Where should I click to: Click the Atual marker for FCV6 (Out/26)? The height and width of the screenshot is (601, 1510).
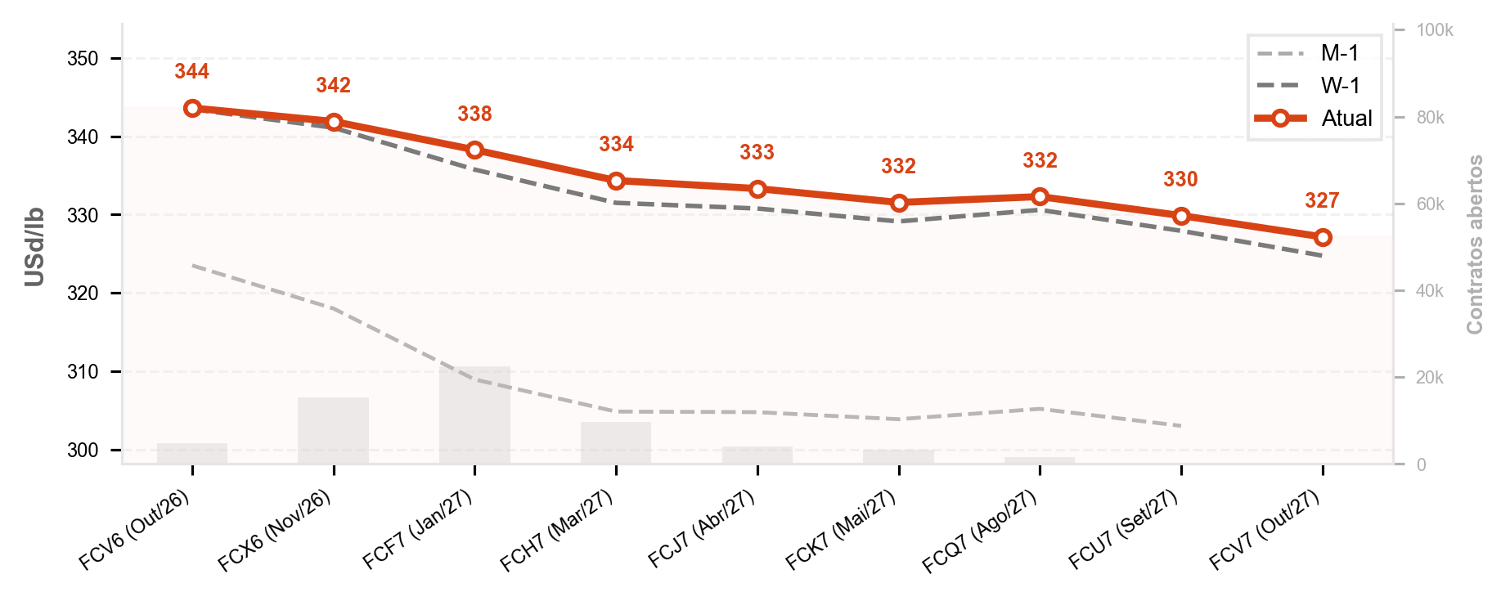pos(193,108)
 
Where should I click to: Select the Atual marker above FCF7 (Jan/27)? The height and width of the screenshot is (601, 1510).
pos(475,150)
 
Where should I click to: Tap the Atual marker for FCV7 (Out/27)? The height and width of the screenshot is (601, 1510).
pos(1323,237)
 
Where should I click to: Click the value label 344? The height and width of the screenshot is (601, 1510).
pos(192,72)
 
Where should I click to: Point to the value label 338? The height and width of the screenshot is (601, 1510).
pos(475,114)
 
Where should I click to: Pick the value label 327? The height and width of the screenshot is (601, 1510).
pos(1322,200)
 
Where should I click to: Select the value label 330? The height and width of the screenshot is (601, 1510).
pos(1180,179)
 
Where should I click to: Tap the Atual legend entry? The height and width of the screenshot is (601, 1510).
pos(1315,119)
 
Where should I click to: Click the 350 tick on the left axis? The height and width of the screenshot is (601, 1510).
pos(83,59)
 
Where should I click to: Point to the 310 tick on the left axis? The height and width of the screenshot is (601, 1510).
pos(83,372)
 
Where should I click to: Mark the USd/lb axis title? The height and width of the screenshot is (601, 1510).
pos(34,247)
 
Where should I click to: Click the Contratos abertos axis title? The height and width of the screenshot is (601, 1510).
pos(1475,244)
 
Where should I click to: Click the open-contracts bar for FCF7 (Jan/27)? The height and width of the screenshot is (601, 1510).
pos(474,415)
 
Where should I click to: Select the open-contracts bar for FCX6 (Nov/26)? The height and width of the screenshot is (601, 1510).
pos(334,431)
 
